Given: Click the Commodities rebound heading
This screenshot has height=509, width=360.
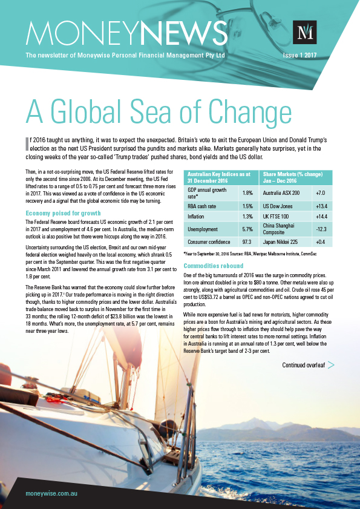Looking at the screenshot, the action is [x=213, y=266].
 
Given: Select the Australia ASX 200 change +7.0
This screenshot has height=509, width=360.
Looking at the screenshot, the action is [x=320, y=192].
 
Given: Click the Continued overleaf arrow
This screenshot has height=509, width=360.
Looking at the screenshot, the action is [x=331, y=365].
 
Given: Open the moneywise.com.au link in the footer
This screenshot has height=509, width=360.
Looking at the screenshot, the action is [x=51, y=494].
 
